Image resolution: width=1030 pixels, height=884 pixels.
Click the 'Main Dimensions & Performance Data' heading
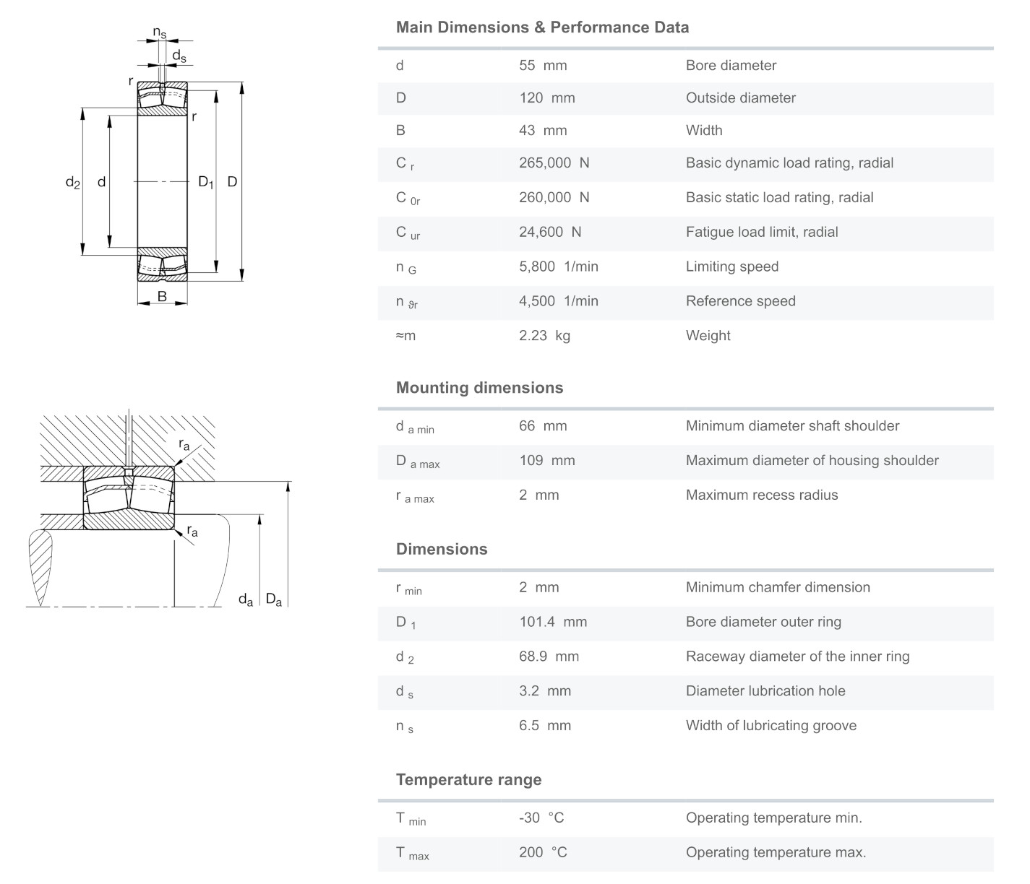542,27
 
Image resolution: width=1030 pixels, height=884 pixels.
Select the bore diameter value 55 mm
542,66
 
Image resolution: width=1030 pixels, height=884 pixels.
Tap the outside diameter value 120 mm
546,98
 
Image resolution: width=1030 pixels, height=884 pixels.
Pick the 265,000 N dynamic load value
554,163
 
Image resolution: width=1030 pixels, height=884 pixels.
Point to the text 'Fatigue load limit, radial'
761,232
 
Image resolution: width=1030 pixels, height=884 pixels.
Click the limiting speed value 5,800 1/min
558,266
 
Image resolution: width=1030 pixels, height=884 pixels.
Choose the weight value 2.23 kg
544,336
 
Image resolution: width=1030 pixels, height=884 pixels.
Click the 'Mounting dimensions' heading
479,388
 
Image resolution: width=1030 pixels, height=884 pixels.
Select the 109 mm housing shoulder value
546,461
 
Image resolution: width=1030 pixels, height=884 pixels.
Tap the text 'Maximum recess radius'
761,495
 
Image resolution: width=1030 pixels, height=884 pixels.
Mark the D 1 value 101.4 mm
552,622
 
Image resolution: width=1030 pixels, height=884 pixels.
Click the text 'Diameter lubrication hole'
765,691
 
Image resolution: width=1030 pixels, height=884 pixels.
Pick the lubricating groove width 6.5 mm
544,726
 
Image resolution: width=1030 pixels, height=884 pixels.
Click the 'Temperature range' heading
468,780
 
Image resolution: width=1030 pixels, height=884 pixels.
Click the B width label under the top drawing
162,297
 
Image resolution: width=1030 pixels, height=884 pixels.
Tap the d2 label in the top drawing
72,183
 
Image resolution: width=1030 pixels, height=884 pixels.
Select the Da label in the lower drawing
273,599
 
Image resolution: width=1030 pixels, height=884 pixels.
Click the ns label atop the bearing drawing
159,32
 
